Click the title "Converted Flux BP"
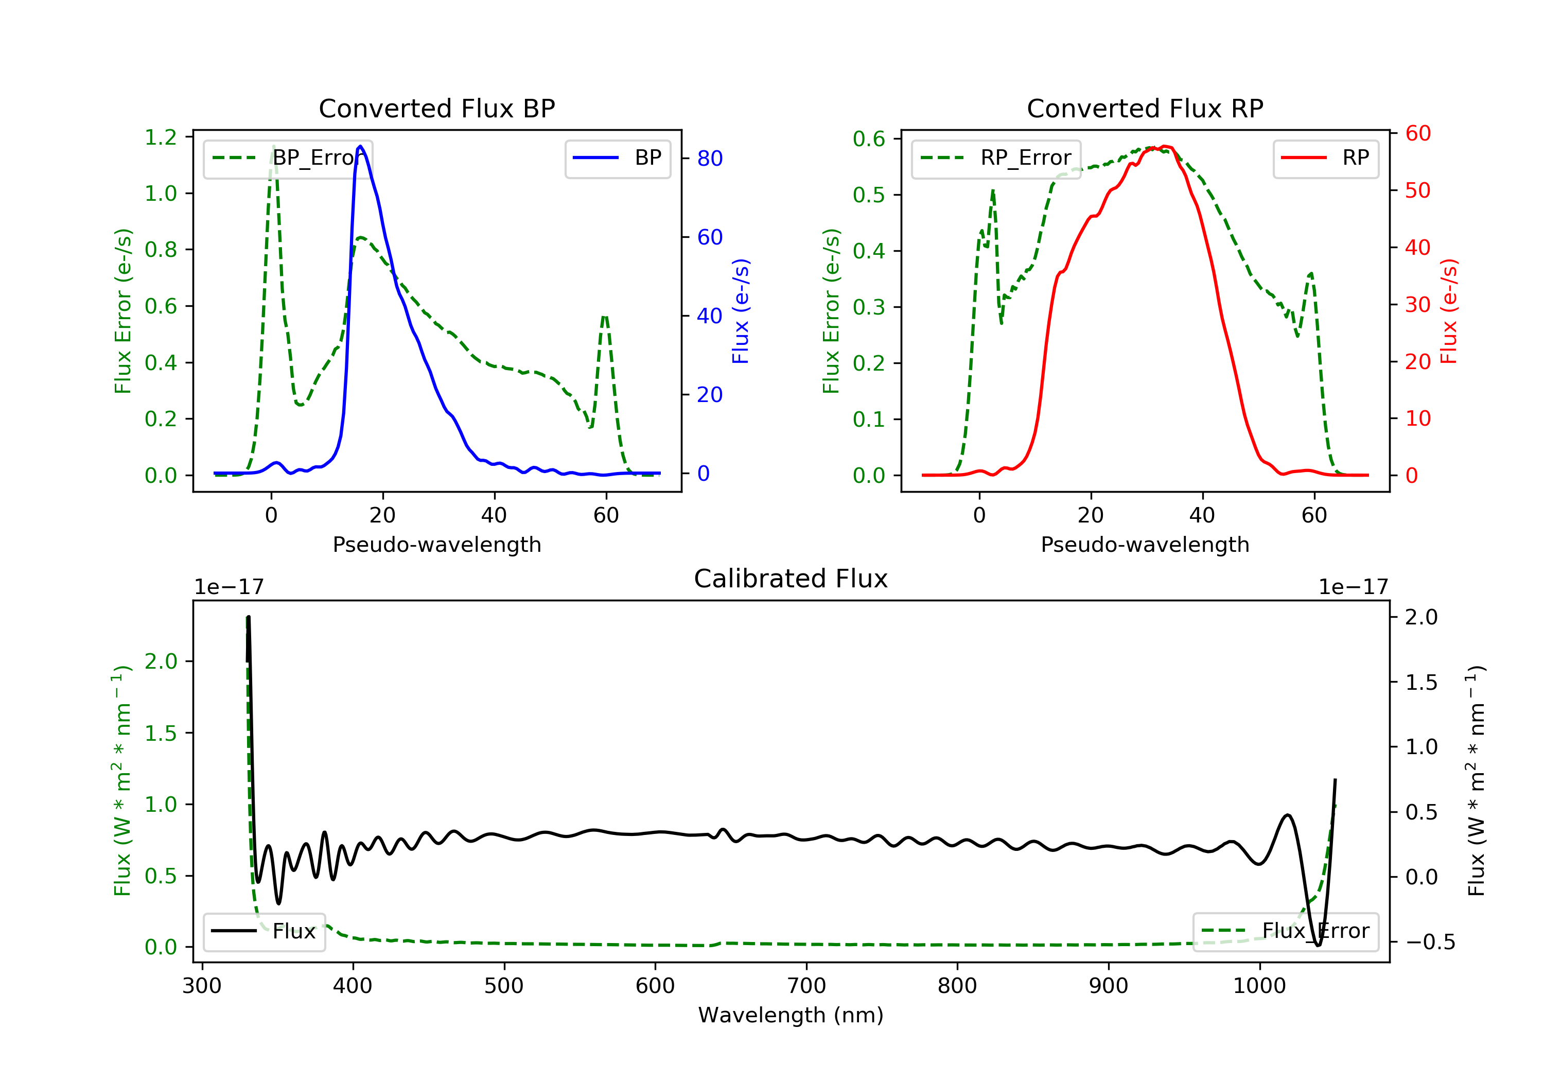[x=436, y=108]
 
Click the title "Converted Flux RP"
[x=1145, y=108]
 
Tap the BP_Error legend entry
[x=288, y=158]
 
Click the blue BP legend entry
[x=617, y=158]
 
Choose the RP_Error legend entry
[x=995, y=158]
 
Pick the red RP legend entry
[x=1325, y=158]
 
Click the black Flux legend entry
[x=265, y=931]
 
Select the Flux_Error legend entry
[x=1285, y=931]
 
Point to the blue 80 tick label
[x=709, y=159]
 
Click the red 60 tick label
[x=1417, y=134]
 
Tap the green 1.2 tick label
[x=161, y=137]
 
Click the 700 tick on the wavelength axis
[x=806, y=985]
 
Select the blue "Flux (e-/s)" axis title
[x=741, y=311]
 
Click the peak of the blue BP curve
[x=360, y=146]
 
